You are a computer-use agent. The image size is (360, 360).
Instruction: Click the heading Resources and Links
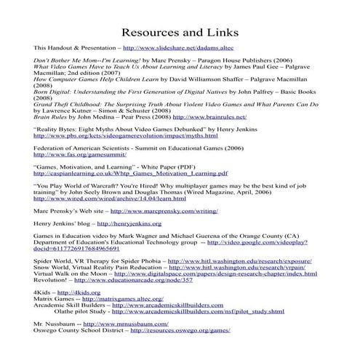click(180, 33)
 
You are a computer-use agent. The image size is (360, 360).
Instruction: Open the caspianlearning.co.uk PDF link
click(131, 175)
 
